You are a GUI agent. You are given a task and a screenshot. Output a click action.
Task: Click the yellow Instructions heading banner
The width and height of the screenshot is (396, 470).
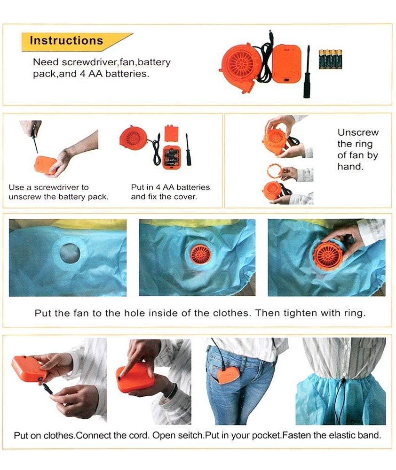tap(75, 41)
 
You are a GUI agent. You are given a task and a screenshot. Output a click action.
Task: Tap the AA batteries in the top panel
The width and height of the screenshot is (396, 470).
tap(330, 59)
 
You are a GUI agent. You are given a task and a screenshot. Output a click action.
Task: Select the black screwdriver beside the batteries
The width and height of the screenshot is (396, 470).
tap(307, 72)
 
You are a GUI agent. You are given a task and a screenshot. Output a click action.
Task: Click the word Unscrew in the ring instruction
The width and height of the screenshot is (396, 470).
tap(358, 132)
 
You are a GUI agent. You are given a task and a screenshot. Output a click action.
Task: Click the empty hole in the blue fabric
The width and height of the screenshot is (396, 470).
tap(70, 253)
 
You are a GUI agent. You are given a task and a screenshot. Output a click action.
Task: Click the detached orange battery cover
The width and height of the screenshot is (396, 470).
tap(172, 133)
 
